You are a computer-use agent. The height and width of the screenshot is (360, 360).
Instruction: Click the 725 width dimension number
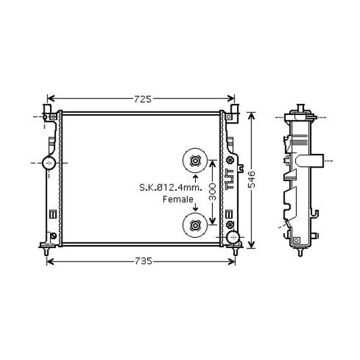143,99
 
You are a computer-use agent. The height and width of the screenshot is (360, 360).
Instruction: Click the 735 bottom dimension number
143,261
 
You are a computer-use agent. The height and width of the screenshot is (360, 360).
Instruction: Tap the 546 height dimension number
252,179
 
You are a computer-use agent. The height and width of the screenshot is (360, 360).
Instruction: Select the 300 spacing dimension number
213,192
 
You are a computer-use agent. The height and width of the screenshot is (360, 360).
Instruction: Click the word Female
178,199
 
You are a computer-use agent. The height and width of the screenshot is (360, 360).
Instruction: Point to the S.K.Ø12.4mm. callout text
171,188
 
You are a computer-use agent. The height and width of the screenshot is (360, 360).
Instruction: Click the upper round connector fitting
195,161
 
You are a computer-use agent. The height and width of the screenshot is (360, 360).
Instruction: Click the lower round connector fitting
195,225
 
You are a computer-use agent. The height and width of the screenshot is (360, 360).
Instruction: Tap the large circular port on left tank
49,163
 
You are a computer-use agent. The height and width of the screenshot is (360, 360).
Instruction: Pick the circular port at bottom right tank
233,237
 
